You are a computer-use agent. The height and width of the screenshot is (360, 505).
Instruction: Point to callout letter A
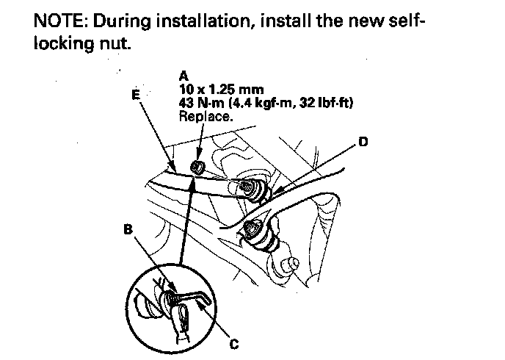183,73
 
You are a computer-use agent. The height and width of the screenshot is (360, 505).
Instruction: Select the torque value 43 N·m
202,102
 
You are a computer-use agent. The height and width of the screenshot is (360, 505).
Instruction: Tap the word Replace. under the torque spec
205,115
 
